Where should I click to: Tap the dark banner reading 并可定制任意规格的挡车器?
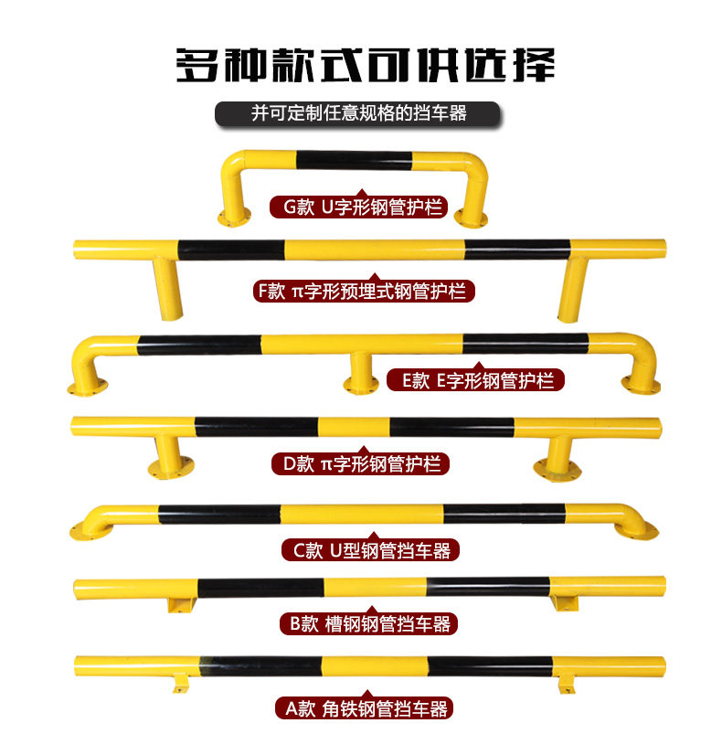(359, 114)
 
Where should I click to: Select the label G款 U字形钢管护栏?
(360, 207)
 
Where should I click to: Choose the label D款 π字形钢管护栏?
(360, 464)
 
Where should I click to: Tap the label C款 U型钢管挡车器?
(369, 550)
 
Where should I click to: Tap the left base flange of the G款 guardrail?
(233, 218)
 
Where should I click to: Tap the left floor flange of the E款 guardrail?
(86, 388)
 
